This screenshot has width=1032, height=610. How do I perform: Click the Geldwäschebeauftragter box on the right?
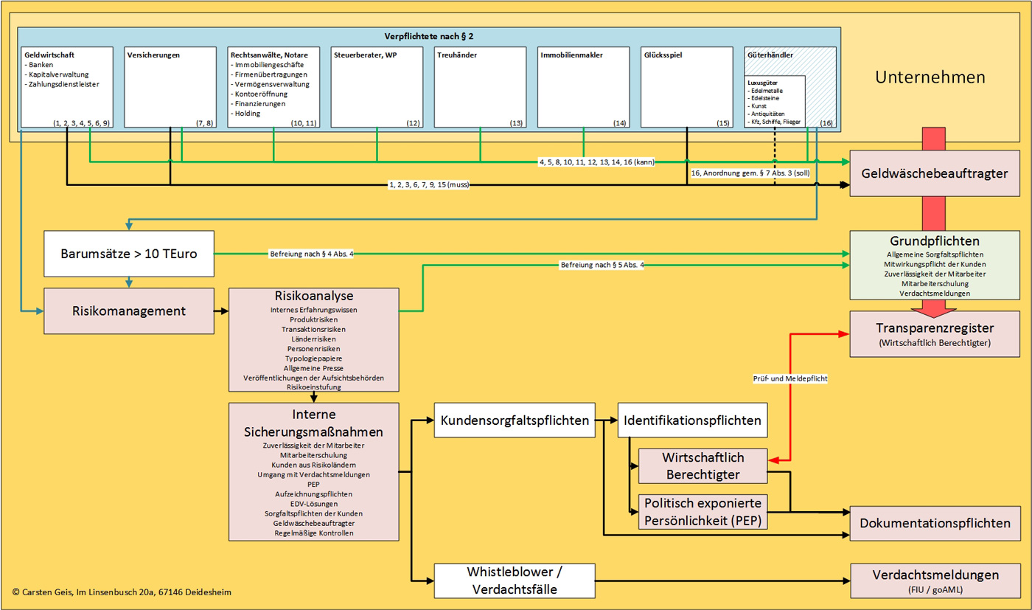click(x=935, y=173)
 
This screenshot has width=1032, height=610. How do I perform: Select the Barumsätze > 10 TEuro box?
click(x=128, y=254)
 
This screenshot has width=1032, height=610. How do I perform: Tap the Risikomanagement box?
click(x=128, y=311)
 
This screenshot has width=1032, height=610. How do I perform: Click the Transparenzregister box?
click(x=935, y=333)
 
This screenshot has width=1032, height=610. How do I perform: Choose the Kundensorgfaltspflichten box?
click(x=515, y=420)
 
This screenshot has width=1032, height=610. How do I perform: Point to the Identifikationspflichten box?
click(x=692, y=420)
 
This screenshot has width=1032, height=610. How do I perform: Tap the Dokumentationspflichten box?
click(x=935, y=523)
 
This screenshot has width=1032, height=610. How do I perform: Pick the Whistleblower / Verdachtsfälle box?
click(x=515, y=580)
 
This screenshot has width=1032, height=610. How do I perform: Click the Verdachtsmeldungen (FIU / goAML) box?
click(x=935, y=580)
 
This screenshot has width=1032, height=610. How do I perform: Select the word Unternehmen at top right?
click(x=930, y=77)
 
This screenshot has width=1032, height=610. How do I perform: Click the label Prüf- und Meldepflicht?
click(x=789, y=378)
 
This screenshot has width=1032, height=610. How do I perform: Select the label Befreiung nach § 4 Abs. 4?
click(x=315, y=254)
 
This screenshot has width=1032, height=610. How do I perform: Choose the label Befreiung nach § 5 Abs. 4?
click(x=602, y=264)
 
